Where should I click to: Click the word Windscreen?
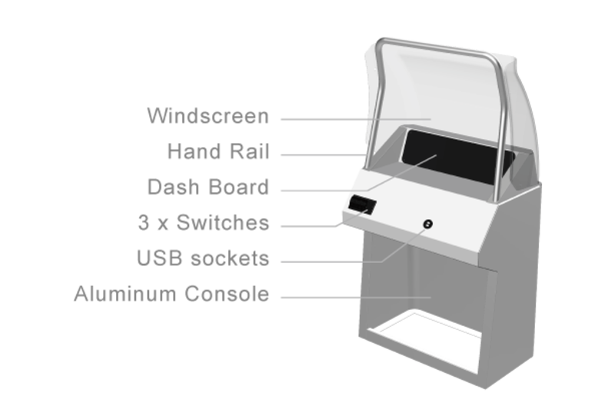pos(208,116)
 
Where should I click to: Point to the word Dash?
pos(174,187)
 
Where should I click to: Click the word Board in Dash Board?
pos(239,187)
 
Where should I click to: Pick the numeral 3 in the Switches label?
pos(144,222)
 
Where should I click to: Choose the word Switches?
pos(223,222)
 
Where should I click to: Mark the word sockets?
pos(230,258)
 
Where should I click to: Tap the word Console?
pos(227,294)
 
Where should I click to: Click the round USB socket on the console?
pos(427,224)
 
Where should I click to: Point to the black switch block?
pos(362,205)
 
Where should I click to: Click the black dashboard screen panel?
pos(457,157)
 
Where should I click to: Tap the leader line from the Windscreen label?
pos(356,119)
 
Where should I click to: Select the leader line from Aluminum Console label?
pos(356,298)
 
